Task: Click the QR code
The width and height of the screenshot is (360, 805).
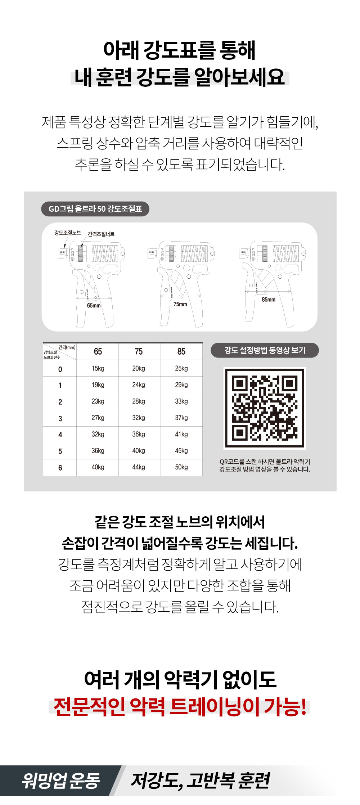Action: tap(265, 408)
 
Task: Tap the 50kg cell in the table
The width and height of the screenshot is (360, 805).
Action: tap(181, 467)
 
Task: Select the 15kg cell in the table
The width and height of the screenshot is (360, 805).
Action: tap(98, 368)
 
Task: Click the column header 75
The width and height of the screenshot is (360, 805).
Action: tap(139, 351)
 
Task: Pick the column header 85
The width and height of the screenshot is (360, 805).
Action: tap(181, 351)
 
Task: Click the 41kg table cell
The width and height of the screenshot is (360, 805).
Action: tap(181, 434)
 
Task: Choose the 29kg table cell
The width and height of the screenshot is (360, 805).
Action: tap(181, 385)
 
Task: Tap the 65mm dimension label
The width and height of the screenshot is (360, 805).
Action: tap(94, 306)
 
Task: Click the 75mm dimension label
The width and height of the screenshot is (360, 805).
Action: tap(180, 304)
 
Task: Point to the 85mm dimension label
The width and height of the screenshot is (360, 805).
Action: tap(269, 300)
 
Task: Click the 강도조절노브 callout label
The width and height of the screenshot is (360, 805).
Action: tap(68, 233)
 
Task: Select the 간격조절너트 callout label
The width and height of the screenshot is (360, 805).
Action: tap(101, 234)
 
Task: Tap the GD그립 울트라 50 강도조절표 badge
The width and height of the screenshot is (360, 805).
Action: tap(95, 209)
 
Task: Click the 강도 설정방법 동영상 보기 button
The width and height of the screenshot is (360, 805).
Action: tap(265, 350)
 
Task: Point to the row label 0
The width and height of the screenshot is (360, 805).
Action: tap(60, 369)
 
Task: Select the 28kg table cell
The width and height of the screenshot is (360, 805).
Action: tap(139, 401)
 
